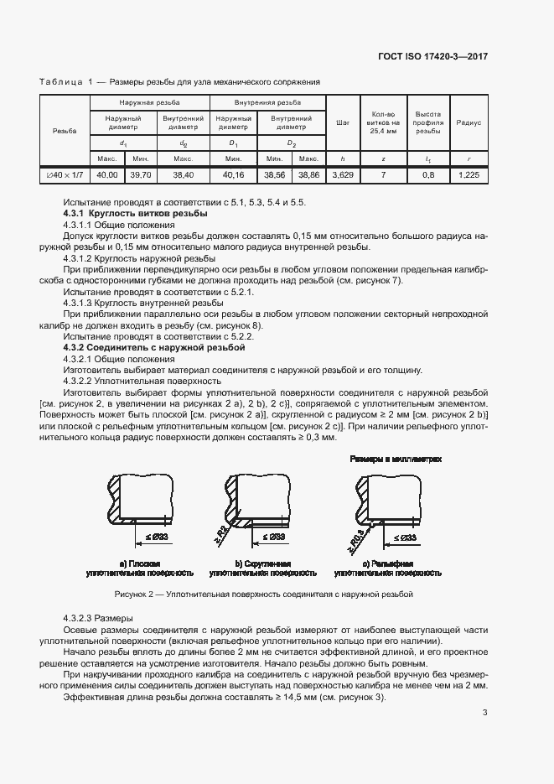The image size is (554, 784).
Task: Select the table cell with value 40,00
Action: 106,175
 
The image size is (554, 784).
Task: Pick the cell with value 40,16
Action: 233,175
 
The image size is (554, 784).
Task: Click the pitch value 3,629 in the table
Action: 342,175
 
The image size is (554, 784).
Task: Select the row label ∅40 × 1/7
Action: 65,175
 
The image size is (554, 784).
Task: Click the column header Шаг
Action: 342,122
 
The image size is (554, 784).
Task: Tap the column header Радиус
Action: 469,122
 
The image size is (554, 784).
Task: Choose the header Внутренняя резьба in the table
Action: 267,102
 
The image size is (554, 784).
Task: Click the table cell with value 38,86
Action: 308,175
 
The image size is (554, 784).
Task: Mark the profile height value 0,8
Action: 428,175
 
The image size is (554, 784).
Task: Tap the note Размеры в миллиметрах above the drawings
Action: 396,460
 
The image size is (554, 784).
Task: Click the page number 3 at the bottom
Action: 484,714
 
